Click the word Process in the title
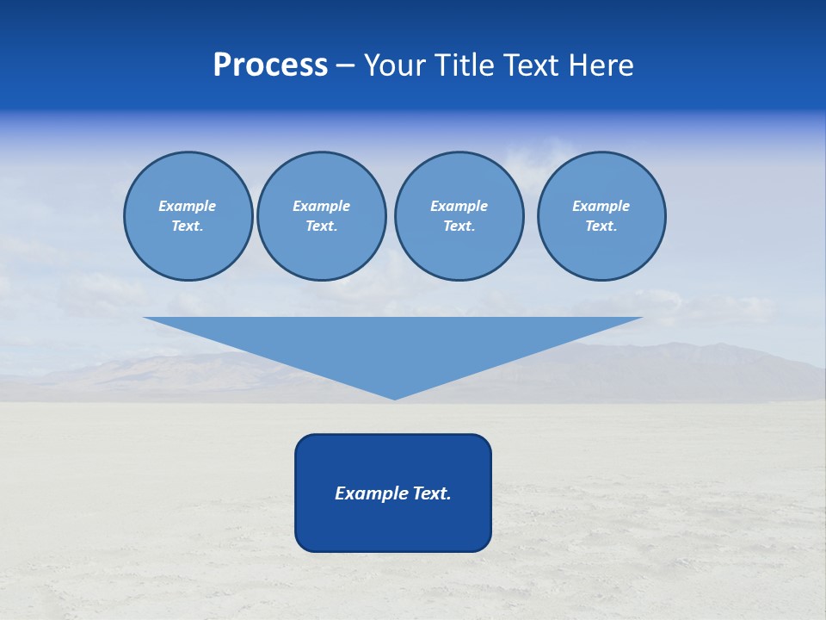point(270,65)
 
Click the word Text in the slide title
point(531,65)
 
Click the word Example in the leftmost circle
point(188,206)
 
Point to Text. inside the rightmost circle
point(601,226)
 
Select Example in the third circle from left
point(459,206)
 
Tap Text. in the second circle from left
point(322,226)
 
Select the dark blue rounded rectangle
point(393,525)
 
